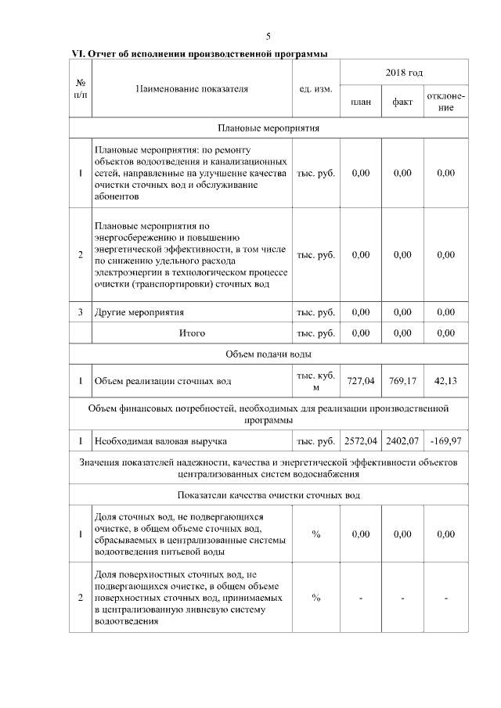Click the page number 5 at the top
268,37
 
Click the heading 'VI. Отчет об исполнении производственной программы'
199,54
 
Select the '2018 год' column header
404,73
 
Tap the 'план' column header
361,102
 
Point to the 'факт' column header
402,102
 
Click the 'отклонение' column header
445,102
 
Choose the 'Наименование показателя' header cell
192,88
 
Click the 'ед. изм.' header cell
316,88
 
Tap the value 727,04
361,381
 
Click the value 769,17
402,381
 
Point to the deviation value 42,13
445,381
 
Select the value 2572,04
361,441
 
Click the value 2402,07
402,441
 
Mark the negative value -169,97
445,441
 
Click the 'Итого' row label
192,333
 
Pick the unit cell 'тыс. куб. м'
316,381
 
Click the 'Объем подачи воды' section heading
268,354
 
